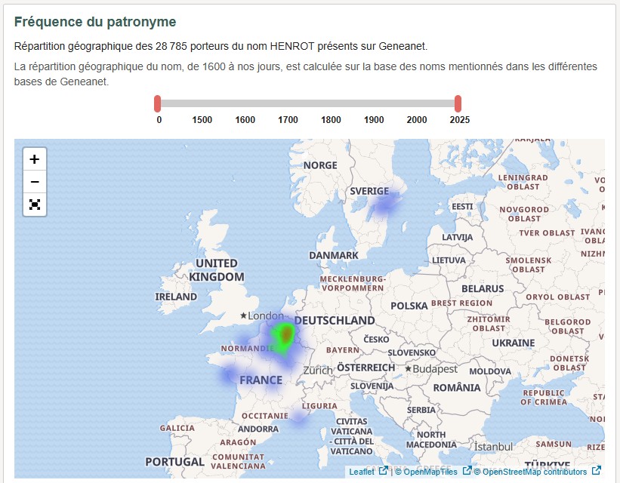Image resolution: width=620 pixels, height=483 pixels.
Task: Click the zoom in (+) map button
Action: click(35, 159)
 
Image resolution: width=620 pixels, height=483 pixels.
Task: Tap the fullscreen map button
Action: click(35, 205)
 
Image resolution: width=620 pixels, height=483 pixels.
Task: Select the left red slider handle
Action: click(157, 103)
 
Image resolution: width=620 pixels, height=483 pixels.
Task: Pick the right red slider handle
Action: click(458, 103)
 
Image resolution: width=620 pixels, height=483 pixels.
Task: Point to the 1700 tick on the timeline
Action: click(288, 120)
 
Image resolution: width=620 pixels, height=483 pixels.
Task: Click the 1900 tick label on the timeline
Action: click(374, 120)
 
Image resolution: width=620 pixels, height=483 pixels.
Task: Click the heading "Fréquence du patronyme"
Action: click(95, 22)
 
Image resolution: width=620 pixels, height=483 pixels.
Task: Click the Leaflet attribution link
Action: click(362, 472)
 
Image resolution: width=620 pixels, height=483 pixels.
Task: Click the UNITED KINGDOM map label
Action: click(217, 270)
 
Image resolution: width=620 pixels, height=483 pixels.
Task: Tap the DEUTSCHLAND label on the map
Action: click(335, 320)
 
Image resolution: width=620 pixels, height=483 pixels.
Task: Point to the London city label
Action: click(265, 315)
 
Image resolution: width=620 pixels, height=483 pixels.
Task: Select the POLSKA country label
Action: click(409, 306)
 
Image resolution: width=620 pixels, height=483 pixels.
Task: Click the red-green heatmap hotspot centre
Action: click(286, 333)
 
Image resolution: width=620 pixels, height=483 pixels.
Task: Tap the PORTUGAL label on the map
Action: click(174, 461)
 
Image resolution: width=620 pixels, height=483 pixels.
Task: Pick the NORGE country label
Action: click(320, 165)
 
